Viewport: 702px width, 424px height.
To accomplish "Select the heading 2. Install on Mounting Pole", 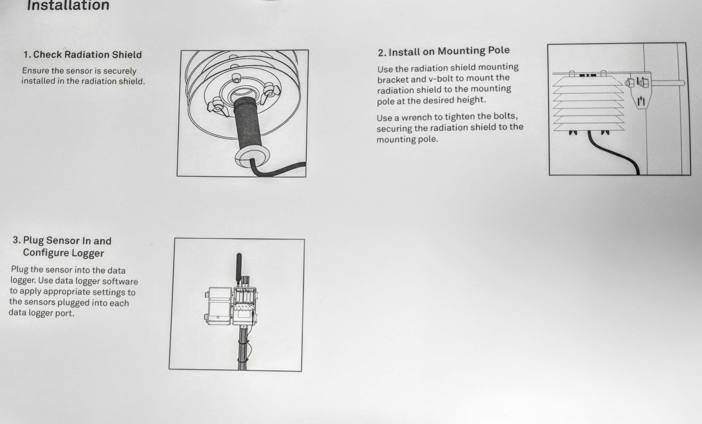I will [443, 51].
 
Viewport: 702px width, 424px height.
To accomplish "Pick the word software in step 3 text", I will [120, 281].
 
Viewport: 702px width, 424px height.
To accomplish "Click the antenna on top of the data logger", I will [239, 267].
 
